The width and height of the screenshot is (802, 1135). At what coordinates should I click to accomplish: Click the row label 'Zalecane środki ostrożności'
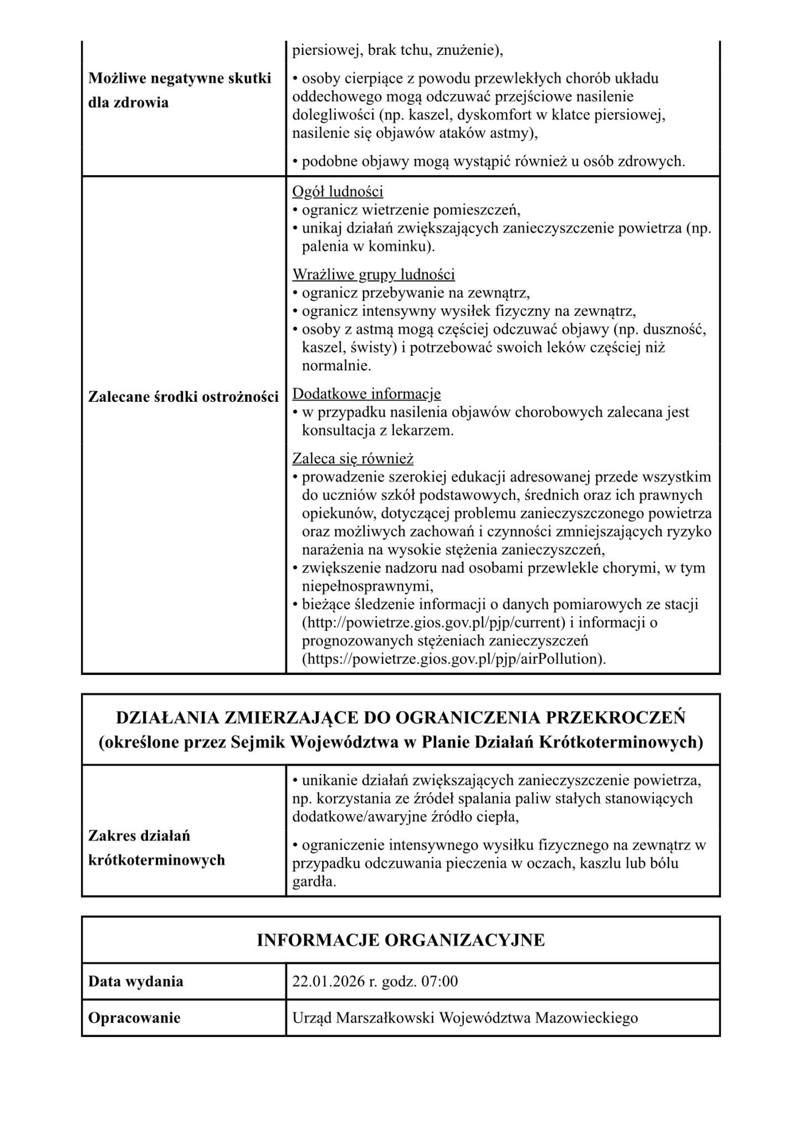tap(183, 397)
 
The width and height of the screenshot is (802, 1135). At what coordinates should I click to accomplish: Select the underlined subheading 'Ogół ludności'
tap(338, 192)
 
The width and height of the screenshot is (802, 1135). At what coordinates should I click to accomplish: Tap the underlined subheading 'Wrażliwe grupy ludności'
tap(373, 274)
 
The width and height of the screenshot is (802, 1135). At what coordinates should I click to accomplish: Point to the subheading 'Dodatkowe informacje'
tap(366, 394)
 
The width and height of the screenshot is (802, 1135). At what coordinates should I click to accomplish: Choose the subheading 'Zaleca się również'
tap(353, 459)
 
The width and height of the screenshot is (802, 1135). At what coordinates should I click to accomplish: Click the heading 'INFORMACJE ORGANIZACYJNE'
tap(400, 940)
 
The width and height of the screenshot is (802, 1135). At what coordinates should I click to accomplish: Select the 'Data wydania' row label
tap(136, 981)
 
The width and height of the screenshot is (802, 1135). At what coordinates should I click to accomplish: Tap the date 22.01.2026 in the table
tap(326, 981)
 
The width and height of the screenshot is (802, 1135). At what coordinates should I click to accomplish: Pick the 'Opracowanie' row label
tap(134, 1018)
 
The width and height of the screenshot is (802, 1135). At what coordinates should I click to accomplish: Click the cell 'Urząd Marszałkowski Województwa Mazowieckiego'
tap(465, 1018)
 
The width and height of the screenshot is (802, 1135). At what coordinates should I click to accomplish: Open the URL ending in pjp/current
tap(433, 622)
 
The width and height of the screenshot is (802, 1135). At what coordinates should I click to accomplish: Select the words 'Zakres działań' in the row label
tap(139, 836)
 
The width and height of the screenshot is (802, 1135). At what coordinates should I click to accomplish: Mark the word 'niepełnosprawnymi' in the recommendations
tap(366, 586)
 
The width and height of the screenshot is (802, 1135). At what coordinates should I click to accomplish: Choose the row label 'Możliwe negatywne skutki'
tap(180, 79)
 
